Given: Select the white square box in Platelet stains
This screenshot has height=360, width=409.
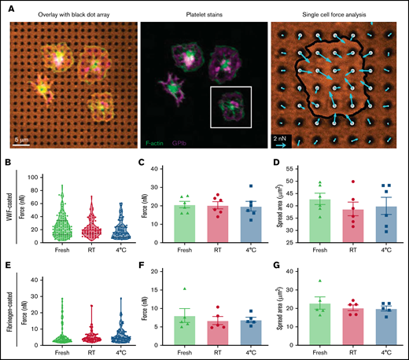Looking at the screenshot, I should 230,107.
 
